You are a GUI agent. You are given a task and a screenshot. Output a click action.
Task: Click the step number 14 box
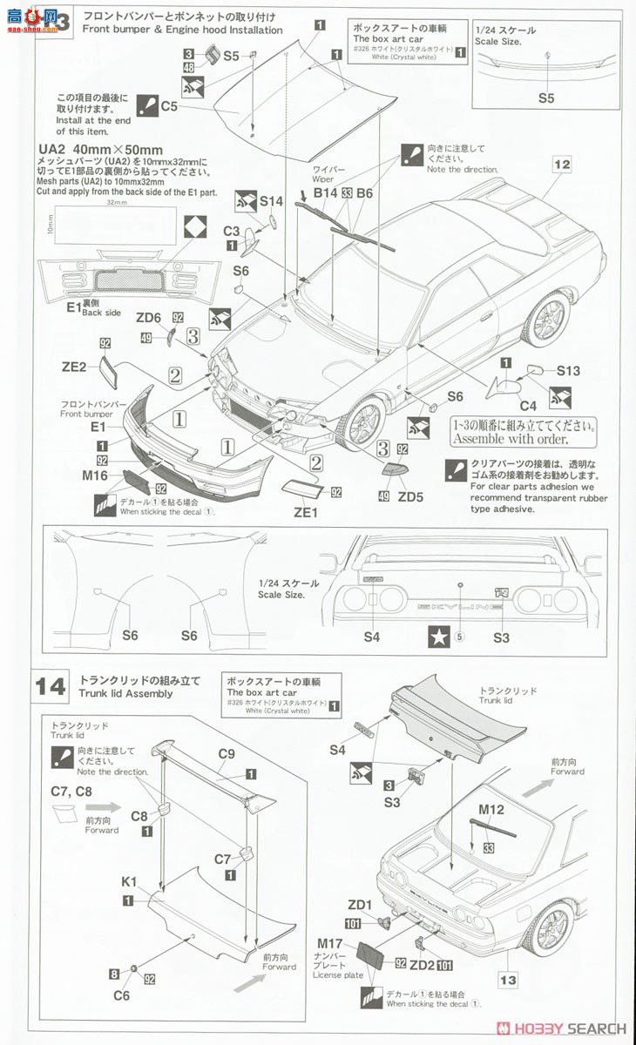point(50,686)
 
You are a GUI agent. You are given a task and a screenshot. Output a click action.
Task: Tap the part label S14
point(272,201)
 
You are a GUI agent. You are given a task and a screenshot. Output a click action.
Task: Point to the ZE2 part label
point(74,367)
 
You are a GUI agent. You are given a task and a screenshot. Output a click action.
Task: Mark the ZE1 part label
point(306,513)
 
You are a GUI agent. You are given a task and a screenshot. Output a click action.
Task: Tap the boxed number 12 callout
point(561,164)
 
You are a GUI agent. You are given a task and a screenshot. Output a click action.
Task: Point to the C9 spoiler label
point(227,753)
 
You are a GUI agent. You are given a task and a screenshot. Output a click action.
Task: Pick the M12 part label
point(491,809)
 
